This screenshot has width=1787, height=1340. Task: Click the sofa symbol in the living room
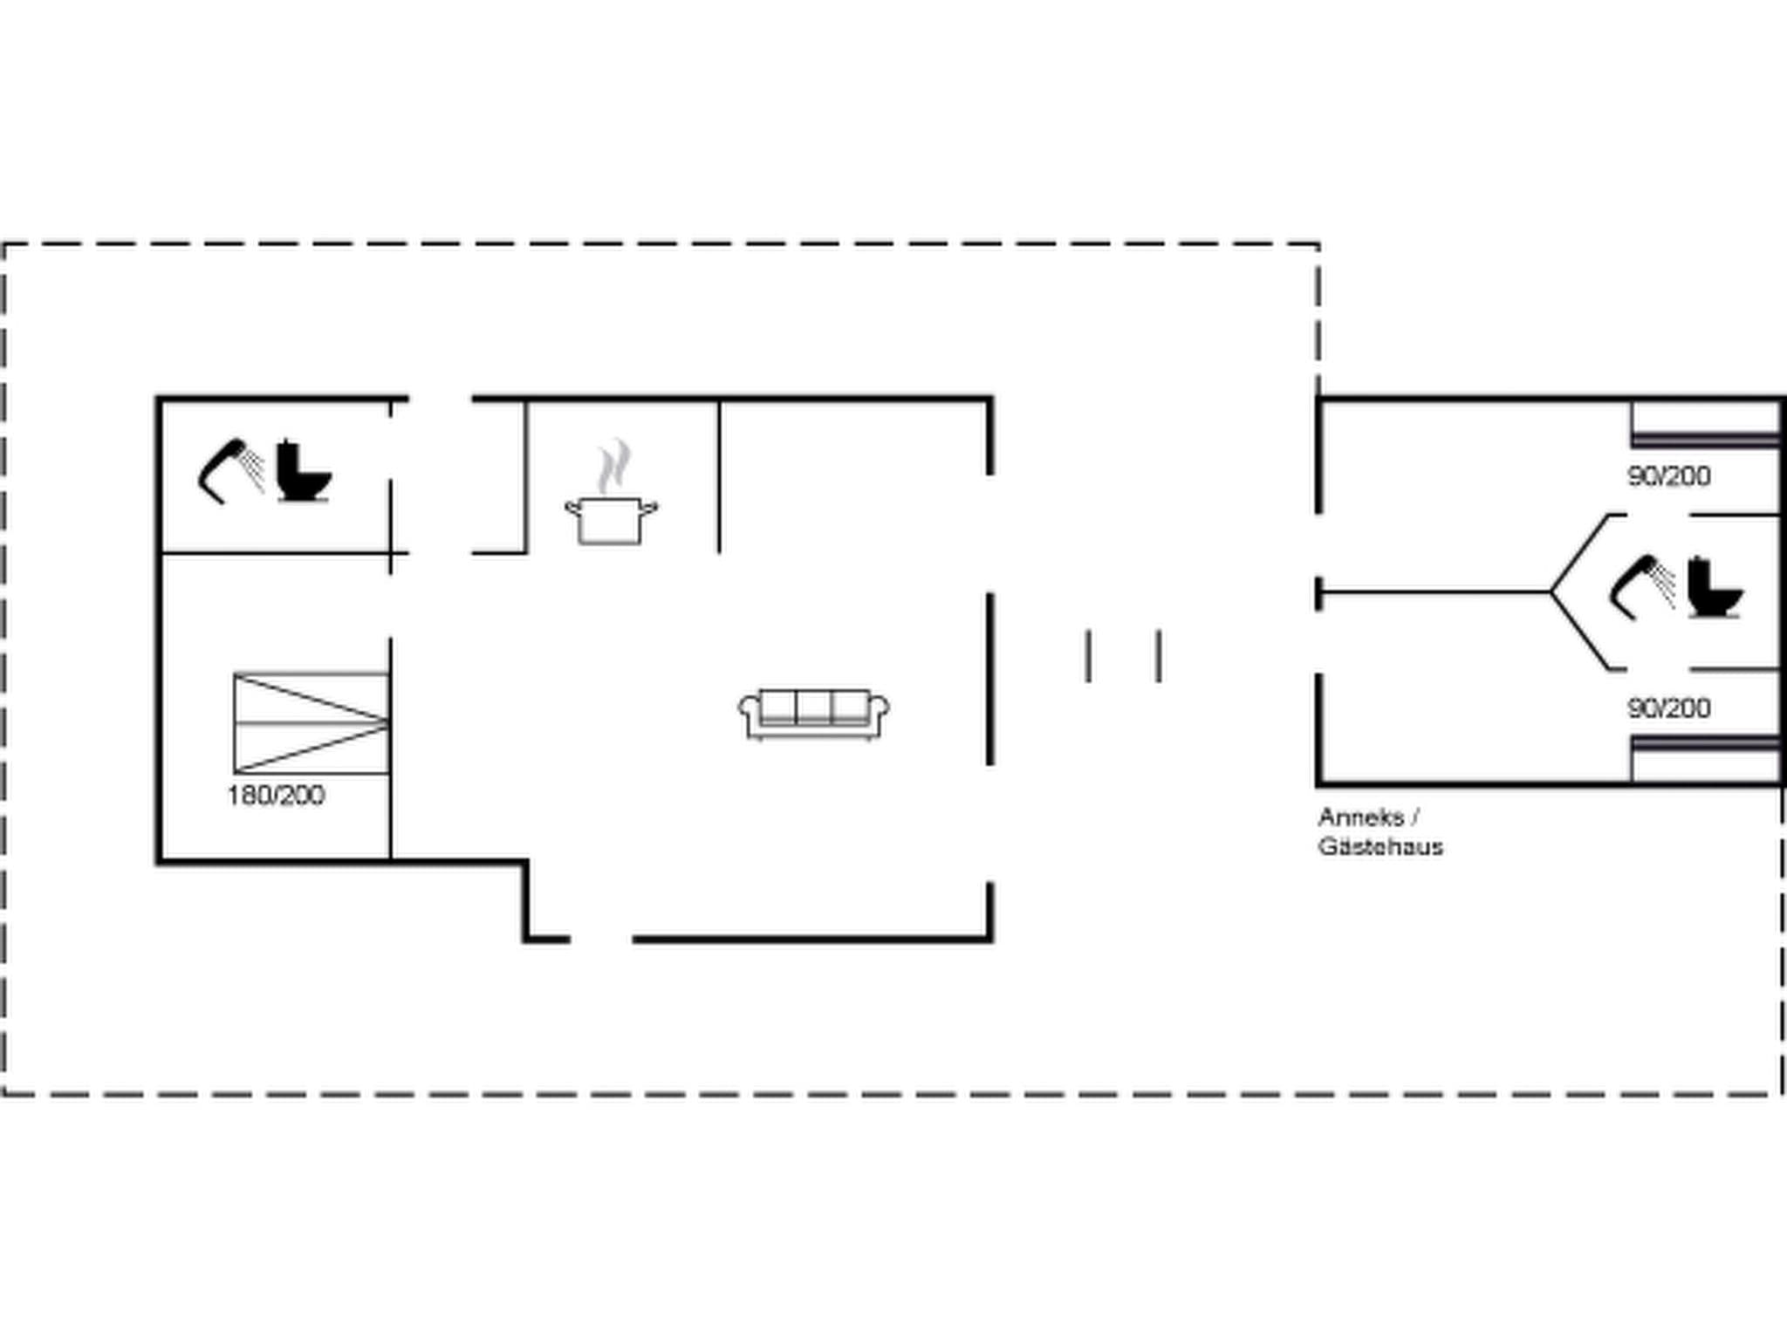click(x=813, y=714)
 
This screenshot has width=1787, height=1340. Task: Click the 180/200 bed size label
click(x=276, y=796)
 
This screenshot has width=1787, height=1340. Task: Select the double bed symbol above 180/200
click(x=311, y=723)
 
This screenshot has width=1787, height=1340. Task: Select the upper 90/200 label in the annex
click(x=1668, y=476)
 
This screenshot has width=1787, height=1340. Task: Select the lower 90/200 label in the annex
click(x=1668, y=708)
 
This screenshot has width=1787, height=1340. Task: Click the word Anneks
click(x=1360, y=818)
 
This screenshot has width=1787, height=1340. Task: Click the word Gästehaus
click(x=1380, y=847)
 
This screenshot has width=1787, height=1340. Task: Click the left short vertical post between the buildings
click(x=1088, y=656)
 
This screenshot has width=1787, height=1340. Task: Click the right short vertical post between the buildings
click(x=1159, y=656)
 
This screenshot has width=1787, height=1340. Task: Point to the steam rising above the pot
click(x=614, y=466)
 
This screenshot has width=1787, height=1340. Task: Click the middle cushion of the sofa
click(x=813, y=707)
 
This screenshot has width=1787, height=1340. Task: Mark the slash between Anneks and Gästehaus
click(x=1414, y=818)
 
